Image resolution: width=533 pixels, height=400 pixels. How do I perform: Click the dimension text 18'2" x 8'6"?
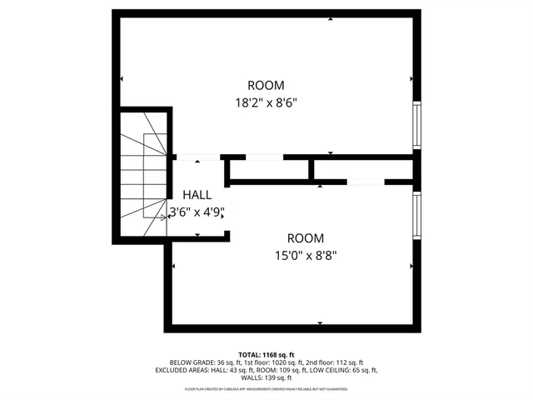point(266,103)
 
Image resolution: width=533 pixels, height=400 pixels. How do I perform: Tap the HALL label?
point(197,194)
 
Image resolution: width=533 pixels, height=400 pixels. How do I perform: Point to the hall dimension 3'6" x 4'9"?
point(197,212)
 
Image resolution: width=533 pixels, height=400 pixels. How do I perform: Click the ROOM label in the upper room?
point(266,85)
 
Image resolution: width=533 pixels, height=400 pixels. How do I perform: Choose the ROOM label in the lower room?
point(306,237)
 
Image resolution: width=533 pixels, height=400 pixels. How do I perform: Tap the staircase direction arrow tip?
point(164,217)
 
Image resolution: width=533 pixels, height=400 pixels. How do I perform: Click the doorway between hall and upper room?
point(197,156)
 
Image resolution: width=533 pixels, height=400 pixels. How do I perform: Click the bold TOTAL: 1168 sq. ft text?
point(266,354)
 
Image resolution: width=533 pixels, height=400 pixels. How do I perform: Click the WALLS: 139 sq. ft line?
point(266,377)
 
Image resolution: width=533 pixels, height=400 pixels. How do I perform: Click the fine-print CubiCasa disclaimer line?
point(266,389)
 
